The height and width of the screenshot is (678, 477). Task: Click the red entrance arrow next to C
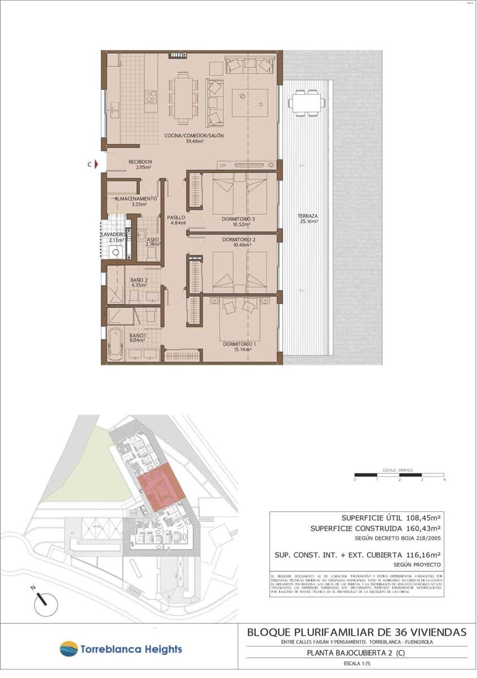[x=97, y=164]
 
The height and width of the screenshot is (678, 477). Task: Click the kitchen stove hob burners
[x=151, y=97]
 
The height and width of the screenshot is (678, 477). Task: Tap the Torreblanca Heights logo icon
[x=68, y=649]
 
